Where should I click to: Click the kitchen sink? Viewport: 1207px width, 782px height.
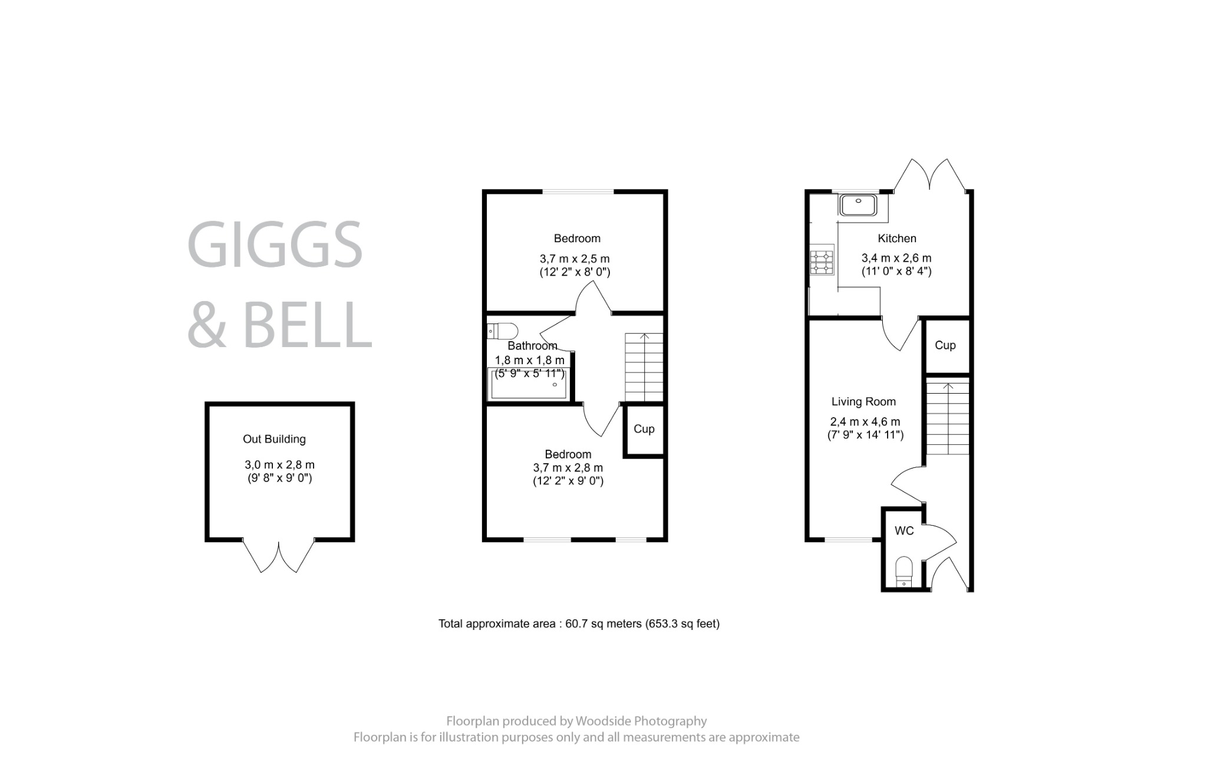pos(859,205)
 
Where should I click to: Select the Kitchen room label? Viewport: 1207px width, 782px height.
pos(896,239)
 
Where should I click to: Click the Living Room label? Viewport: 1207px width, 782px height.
pos(863,402)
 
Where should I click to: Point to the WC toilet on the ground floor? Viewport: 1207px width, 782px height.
pos(903,571)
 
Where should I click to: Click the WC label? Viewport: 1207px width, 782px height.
pos(903,531)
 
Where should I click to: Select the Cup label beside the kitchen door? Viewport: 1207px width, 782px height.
pos(945,345)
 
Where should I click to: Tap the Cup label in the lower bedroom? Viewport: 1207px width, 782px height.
pos(644,429)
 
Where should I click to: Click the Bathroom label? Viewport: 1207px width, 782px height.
pos(532,346)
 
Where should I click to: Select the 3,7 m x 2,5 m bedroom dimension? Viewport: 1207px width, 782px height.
pos(574,259)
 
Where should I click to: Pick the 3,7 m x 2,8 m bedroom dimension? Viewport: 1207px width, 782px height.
pos(568,468)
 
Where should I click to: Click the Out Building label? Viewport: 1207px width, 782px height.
pos(274,439)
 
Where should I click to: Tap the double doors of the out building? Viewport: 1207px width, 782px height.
pos(279,557)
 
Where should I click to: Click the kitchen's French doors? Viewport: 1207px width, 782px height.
pos(930,175)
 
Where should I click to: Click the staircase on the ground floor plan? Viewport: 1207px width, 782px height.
pos(948,418)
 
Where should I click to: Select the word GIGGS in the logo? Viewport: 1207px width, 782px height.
pos(275,245)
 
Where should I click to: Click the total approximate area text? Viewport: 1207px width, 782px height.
pos(578,623)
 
